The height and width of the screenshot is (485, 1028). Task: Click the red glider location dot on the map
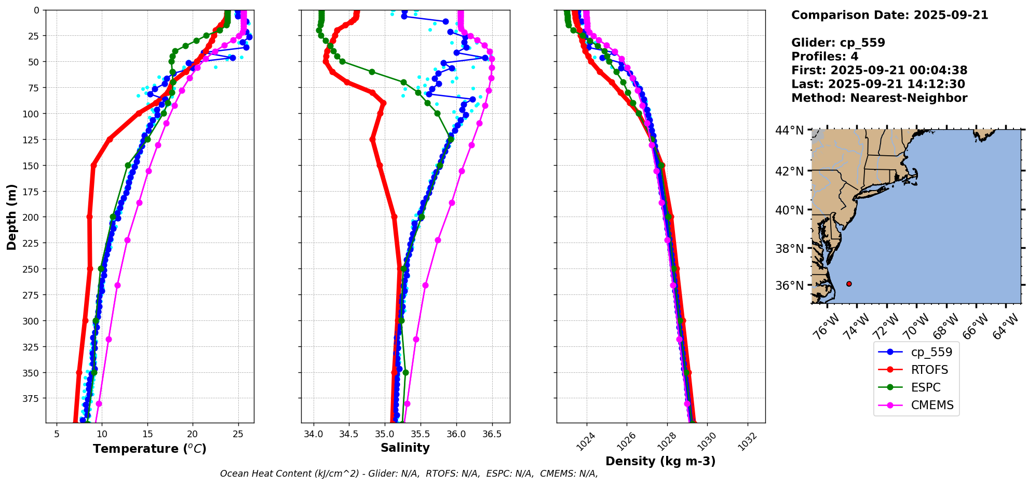(x=849, y=284)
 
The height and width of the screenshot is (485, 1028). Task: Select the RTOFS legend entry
(x=929, y=370)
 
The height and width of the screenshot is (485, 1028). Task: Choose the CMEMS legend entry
(x=932, y=405)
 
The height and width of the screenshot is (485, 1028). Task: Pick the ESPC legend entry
(x=925, y=387)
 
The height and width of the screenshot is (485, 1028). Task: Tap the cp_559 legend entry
(x=931, y=352)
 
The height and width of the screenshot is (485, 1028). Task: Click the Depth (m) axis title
(x=11, y=217)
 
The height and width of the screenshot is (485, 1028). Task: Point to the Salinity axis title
(x=405, y=448)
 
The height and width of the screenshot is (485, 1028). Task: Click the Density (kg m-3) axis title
(x=660, y=461)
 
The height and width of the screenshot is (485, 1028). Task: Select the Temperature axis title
(x=150, y=449)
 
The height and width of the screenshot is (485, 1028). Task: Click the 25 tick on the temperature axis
(x=238, y=434)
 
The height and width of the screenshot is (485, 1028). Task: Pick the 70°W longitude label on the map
(x=916, y=327)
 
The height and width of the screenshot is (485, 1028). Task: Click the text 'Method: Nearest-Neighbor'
(x=879, y=98)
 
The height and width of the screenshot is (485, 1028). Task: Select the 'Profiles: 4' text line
(x=824, y=57)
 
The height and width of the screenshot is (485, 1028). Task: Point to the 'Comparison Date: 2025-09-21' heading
(x=889, y=15)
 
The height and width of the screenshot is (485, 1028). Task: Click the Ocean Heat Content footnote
(x=409, y=474)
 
